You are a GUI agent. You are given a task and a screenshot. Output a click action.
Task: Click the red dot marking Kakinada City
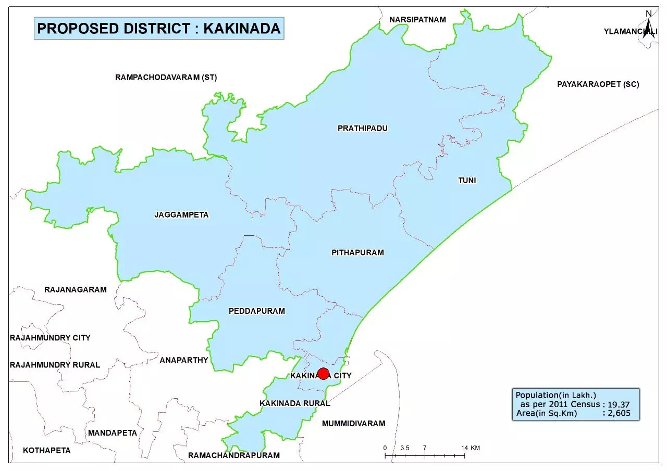(323, 374)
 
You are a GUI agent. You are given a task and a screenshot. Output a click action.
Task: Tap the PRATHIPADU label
(363, 128)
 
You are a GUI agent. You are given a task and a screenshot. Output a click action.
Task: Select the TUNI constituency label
(467, 181)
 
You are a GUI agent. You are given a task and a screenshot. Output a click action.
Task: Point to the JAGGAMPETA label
(181, 214)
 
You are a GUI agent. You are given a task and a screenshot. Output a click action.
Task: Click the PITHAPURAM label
(357, 252)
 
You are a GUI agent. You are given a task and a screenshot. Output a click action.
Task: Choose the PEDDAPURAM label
(257, 311)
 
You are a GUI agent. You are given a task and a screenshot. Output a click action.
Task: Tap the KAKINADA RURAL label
(294, 403)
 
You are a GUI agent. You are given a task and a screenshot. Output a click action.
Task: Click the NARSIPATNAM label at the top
(417, 20)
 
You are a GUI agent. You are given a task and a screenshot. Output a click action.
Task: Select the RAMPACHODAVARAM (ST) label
(166, 78)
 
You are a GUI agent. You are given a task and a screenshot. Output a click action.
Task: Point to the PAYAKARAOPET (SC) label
(598, 84)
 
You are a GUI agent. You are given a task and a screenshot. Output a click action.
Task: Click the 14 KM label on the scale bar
(471, 448)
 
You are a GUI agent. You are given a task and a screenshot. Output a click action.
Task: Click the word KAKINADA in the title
(242, 28)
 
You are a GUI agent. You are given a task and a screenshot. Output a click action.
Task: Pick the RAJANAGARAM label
(75, 289)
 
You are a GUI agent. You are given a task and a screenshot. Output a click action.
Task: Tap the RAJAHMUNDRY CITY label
(50, 338)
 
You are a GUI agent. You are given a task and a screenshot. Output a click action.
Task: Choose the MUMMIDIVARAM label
(353, 423)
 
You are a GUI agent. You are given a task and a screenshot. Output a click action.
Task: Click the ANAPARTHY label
(184, 360)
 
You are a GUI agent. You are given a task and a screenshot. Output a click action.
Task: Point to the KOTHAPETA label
(46, 450)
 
